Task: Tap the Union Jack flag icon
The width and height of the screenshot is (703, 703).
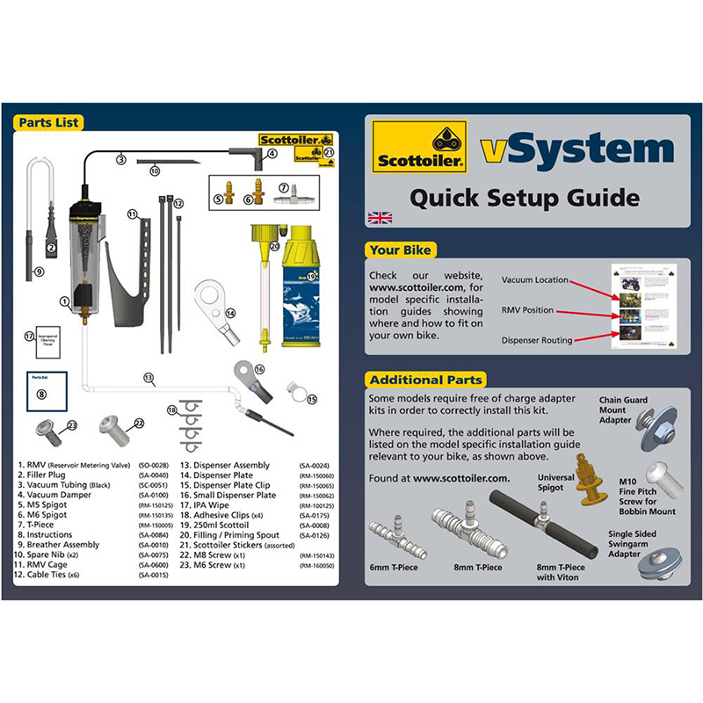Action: (x=380, y=217)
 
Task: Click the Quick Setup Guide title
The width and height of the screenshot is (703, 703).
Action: (x=525, y=197)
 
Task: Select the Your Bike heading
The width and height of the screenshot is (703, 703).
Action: (x=402, y=250)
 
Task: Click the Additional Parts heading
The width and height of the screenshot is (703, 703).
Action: (x=425, y=380)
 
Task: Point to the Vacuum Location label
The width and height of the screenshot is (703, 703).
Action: (x=534, y=280)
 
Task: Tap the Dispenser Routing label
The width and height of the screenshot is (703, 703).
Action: (x=537, y=340)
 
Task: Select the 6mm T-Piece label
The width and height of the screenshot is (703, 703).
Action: (x=394, y=567)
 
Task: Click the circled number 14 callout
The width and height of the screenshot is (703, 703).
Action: (x=230, y=313)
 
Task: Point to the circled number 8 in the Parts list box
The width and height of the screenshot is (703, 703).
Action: (x=41, y=395)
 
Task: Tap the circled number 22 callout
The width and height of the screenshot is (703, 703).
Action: (x=138, y=423)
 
